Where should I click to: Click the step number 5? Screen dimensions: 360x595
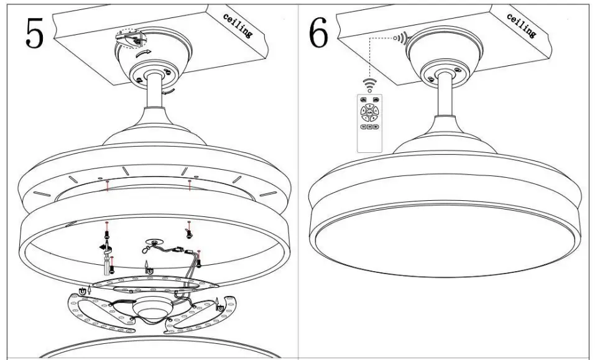click(35, 34)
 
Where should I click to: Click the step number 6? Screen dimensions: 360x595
click(318, 34)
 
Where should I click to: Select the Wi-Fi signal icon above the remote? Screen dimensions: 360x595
click(370, 83)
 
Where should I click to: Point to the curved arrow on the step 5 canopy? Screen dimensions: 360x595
click(142, 55)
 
